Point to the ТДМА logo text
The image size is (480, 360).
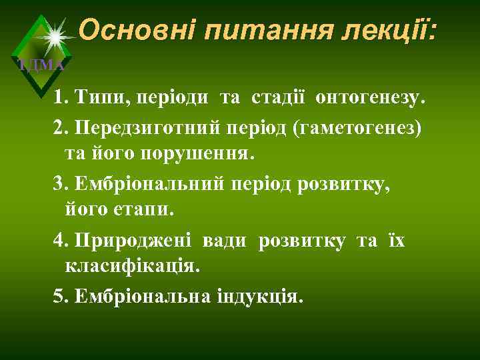tap(41, 65)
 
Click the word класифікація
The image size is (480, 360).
tap(131, 267)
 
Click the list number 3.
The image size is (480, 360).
tap(59, 183)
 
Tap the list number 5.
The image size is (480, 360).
tap(59, 295)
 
